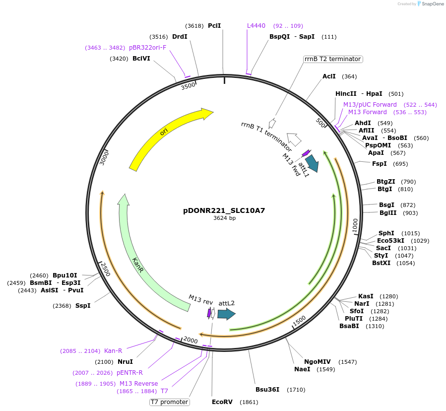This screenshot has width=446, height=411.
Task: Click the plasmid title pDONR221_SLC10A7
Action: coord(224,210)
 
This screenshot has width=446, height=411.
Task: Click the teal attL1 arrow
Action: coord(312,163)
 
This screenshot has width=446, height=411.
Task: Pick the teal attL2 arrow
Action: coord(226,314)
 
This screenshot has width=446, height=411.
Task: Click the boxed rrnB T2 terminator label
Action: coord(333,59)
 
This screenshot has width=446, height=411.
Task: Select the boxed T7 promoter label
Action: coord(170,402)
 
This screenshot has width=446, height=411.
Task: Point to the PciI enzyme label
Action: coord(214,26)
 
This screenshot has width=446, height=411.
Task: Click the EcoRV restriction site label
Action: coord(222,402)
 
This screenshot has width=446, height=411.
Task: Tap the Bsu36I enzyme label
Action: coord(267,389)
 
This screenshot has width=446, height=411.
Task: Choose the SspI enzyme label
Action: coord(83,306)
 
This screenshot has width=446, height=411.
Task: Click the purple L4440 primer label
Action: coord(256,26)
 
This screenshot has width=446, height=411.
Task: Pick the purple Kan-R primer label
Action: coord(113,351)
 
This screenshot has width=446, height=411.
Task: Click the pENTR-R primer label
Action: coord(129,373)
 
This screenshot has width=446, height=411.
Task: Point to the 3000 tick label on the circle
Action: coord(104,158)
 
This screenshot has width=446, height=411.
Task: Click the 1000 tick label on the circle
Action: coord(355,224)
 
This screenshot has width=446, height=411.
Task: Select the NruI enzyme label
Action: coord(125,362)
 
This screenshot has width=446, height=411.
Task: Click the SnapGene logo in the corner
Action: coord(430,4)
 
